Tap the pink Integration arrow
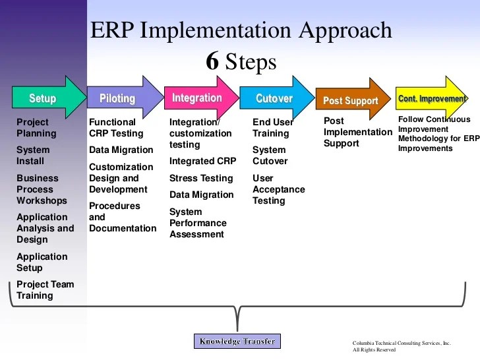pyautogui.click(x=198, y=98)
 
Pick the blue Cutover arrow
pyautogui.click(x=275, y=98)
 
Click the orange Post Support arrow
pyautogui.click(x=351, y=101)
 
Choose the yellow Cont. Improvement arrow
pyautogui.click(x=431, y=99)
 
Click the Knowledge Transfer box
pyautogui.click(x=238, y=341)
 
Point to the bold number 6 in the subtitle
pyautogui.click(x=212, y=61)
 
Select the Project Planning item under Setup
pyautogui.click(x=36, y=128)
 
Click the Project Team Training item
pyautogui.click(x=45, y=290)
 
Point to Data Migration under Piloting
pyautogui.click(x=121, y=150)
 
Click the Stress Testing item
pyautogui.click(x=201, y=178)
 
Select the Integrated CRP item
pyautogui.click(x=202, y=161)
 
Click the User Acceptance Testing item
pyautogui.click(x=279, y=189)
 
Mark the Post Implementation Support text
pyautogui.click(x=357, y=132)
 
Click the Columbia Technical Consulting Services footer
pyautogui.click(x=402, y=346)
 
